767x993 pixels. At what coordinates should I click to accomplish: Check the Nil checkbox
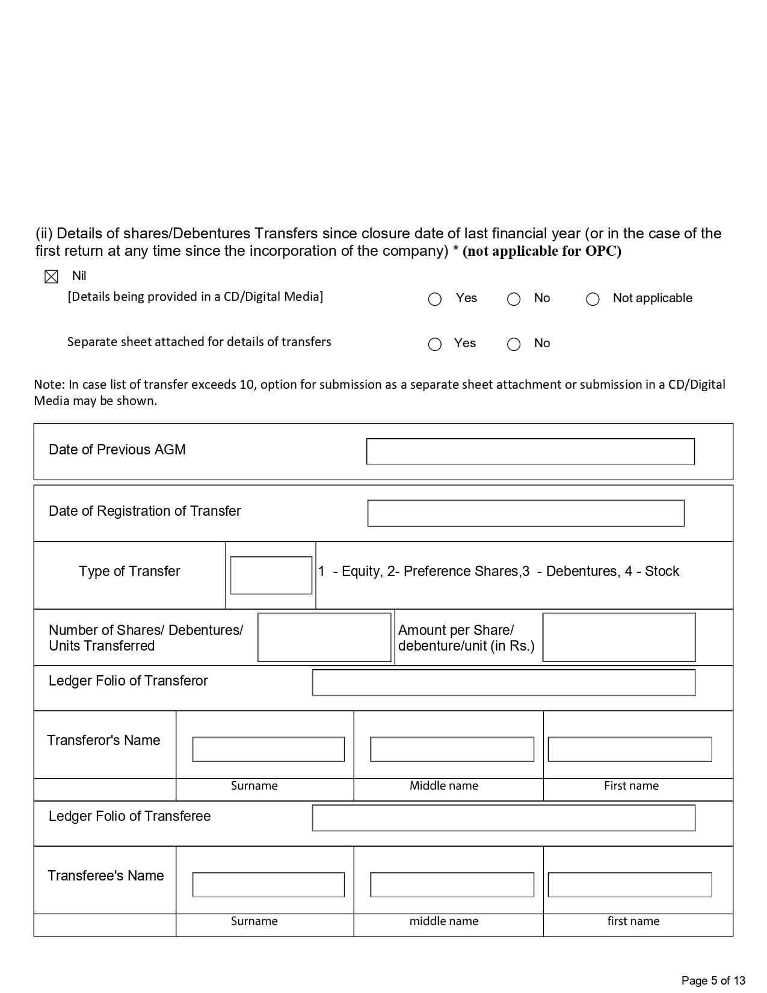[51, 277]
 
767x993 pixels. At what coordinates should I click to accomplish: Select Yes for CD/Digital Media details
[435, 299]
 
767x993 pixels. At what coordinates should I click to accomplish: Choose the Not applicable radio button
[593, 299]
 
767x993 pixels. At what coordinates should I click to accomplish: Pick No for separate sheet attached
[514, 344]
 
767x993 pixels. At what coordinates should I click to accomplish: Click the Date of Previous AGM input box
[530, 451]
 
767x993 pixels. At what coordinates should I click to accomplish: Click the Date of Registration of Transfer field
[525, 513]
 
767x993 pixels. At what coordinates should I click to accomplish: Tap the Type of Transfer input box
[271, 575]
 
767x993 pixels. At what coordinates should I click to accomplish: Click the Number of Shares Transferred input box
[324, 637]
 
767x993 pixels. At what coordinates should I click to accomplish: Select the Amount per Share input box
[618, 637]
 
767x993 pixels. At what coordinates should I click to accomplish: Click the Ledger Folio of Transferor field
[504, 682]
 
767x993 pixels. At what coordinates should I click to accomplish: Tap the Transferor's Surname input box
[268, 749]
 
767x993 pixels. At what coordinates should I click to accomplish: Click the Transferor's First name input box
[629, 749]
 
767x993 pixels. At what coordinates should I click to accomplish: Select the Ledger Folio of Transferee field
[504, 818]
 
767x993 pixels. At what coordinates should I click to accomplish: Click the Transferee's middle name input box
[452, 885]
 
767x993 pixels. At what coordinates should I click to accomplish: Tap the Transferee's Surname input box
[268, 885]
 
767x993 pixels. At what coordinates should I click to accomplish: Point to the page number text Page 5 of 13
[713, 980]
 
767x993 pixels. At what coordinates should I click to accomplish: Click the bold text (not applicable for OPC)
[541, 252]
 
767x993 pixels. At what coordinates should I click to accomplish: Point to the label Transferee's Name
[106, 876]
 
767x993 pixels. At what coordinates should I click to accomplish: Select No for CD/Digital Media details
[514, 299]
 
